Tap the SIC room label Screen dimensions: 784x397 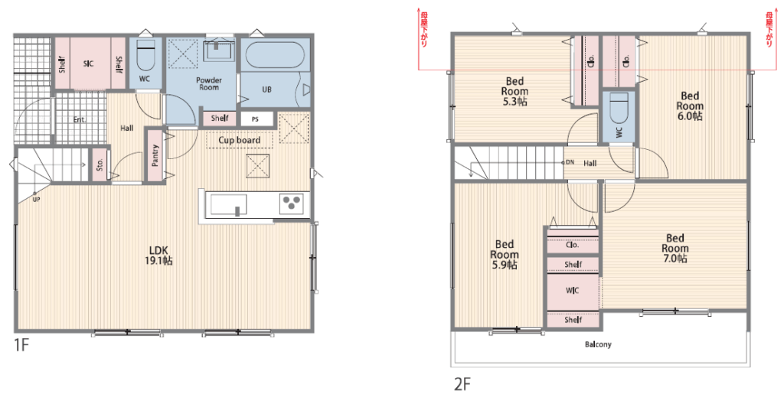point(88,64)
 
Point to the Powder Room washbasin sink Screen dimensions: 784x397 point(218,51)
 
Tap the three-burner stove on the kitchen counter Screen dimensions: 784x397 point(291,203)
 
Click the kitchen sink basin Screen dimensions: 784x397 point(228,205)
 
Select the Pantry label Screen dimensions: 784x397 point(155,155)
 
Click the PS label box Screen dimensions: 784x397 point(255,119)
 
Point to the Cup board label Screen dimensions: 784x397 point(239,140)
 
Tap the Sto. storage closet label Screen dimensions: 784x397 point(100,164)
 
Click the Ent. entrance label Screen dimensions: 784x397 point(79,120)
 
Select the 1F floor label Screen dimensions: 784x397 point(21,345)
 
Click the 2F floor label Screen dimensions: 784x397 point(462,384)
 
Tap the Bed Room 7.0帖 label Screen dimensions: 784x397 point(675,248)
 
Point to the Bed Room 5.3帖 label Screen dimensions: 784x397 point(514,91)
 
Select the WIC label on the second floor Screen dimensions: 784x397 point(573,290)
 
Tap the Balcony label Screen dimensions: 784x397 point(598,344)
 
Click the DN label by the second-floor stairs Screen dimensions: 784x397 point(570,162)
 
